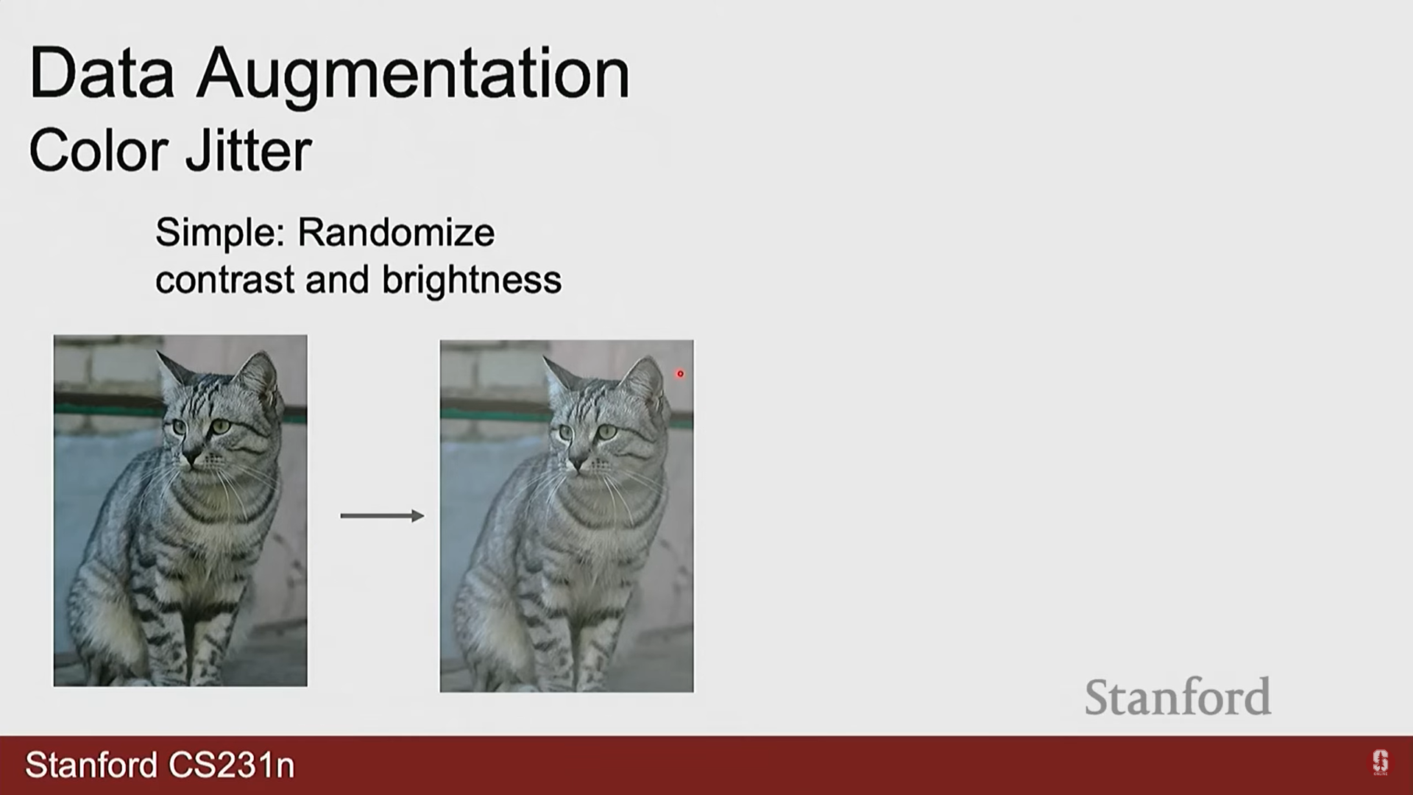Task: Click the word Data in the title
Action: pyautogui.click(x=102, y=73)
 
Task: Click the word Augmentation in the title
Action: pyautogui.click(x=413, y=77)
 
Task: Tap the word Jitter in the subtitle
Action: pyautogui.click(x=249, y=150)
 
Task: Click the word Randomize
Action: pyautogui.click(x=396, y=233)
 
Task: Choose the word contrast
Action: pyautogui.click(x=225, y=280)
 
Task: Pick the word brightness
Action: pyautogui.click(x=472, y=280)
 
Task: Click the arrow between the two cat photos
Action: pyautogui.click(x=382, y=516)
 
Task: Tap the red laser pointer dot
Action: pyautogui.click(x=680, y=374)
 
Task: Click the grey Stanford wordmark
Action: pyautogui.click(x=1178, y=696)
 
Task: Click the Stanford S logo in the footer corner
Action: pyautogui.click(x=1380, y=763)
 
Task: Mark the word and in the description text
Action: pyautogui.click(x=338, y=280)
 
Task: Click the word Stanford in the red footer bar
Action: pyautogui.click(x=91, y=765)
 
